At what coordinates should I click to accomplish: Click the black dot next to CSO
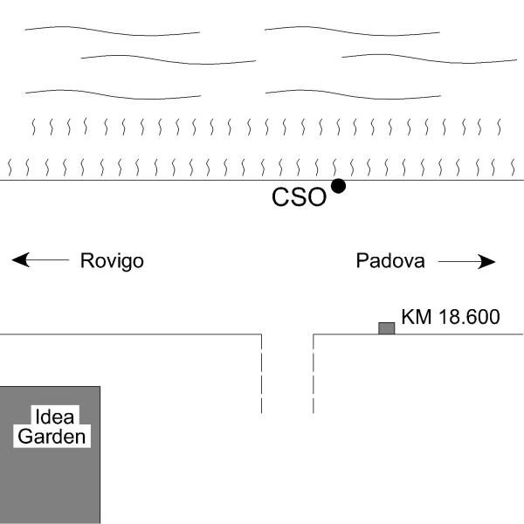click(x=338, y=186)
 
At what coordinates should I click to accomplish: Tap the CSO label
click(x=299, y=196)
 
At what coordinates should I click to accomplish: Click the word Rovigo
click(x=112, y=261)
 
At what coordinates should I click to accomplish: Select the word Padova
click(x=390, y=260)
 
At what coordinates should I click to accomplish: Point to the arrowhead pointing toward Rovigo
click(x=21, y=259)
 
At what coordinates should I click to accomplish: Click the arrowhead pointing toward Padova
click(x=486, y=261)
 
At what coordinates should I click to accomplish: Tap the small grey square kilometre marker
click(x=387, y=328)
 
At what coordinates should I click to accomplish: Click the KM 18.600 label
click(x=451, y=316)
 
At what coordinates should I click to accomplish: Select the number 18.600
click(x=469, y=316)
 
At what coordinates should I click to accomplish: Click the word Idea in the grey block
click(x=54, y=417)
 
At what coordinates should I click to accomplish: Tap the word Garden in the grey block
click(x=52, y=437)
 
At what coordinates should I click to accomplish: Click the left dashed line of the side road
click(x=261, y=374)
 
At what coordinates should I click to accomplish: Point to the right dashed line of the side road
click(x=314, y=374)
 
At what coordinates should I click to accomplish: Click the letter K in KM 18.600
click(x=407, y=316)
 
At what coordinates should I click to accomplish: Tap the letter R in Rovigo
click(x=86, y=260)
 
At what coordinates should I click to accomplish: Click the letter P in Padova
click(x=362, y=260)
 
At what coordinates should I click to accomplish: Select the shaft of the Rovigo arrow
click(x=48, y=259)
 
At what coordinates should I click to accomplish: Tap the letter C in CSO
click(x=280, y=196)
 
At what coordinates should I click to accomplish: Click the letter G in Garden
click(x=25, y=437)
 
